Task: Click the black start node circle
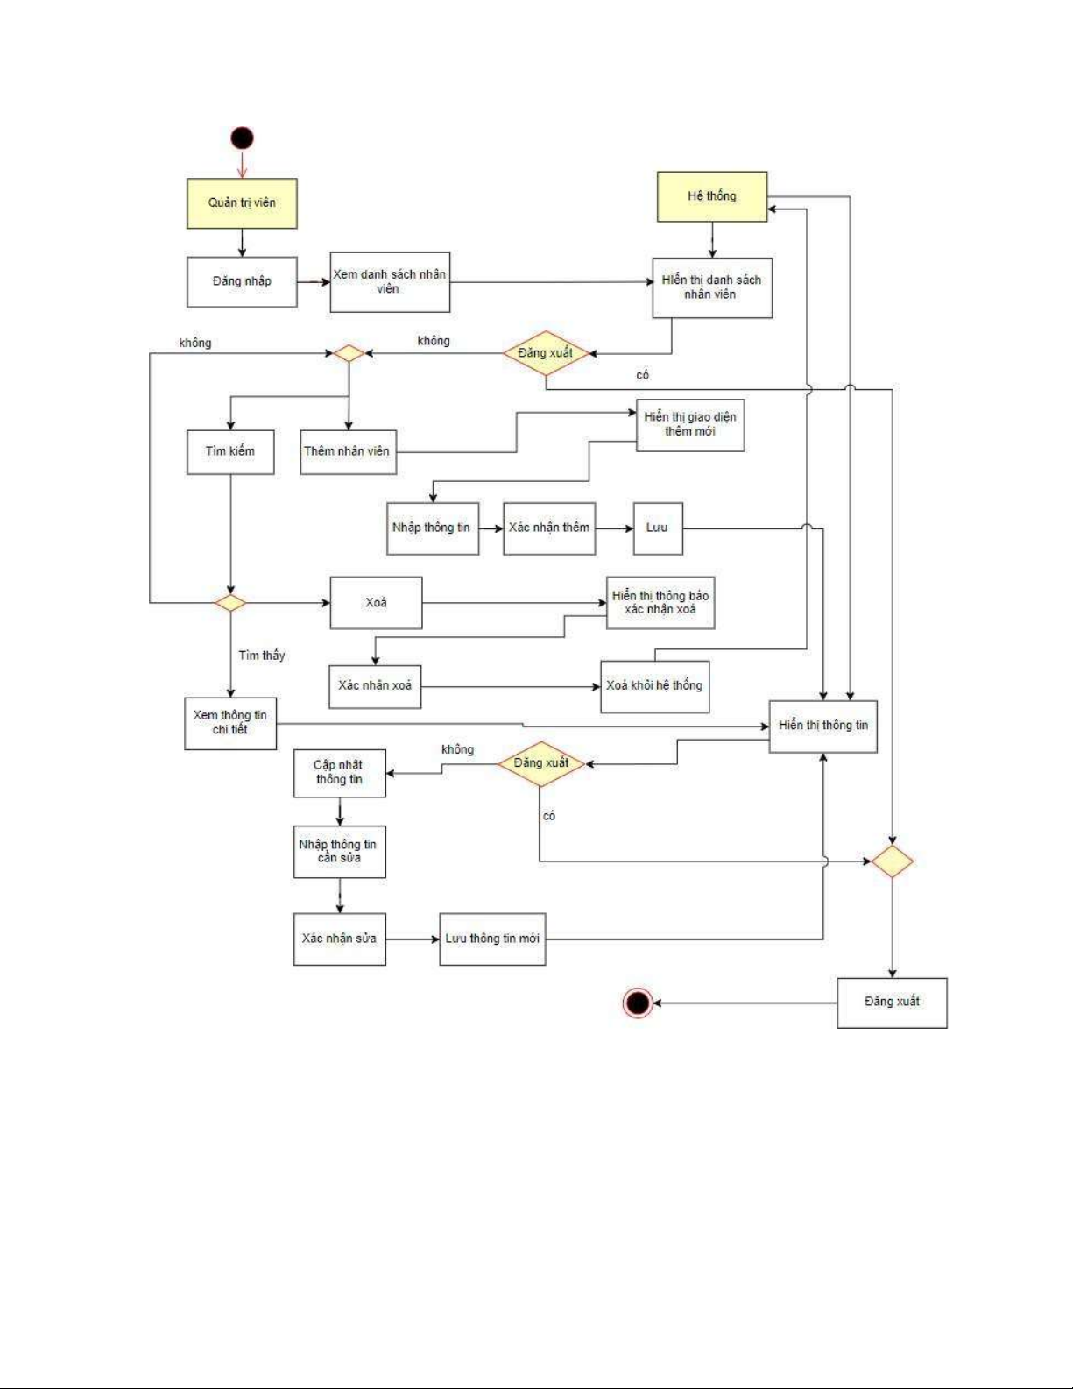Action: [242, 138]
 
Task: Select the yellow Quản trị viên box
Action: [242, 203]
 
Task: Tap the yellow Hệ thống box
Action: [712, 196]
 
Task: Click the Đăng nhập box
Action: [242, 281]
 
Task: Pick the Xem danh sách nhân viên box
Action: [390, 281]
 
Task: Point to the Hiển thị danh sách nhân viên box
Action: [712, 287]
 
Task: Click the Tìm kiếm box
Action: [230, 451]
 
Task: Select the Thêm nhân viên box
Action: [348, 451]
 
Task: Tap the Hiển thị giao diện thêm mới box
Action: [690, 425]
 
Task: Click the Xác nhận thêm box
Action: [549, 528]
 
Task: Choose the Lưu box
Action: [658, 528]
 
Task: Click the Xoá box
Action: [376, 603]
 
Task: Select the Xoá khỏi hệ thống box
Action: [654, 686]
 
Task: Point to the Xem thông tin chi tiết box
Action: [230, 723]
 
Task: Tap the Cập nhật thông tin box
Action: [340, 772]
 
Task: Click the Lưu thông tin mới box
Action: [492, 939]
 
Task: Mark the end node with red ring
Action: [638, 1003]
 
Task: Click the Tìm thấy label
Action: [262, 656]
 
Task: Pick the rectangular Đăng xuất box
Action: [892, 1003]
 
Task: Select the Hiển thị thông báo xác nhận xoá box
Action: [660, 603]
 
